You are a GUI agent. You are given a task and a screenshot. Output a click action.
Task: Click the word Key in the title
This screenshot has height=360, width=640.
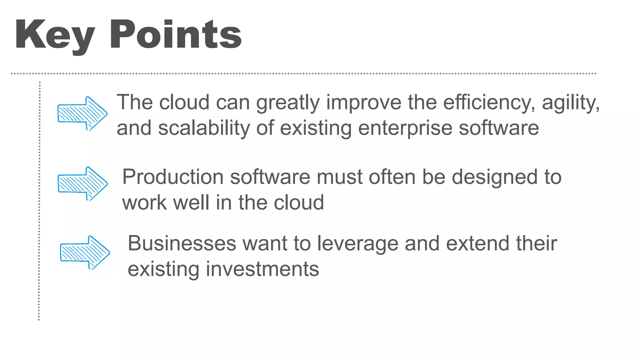(55, 35)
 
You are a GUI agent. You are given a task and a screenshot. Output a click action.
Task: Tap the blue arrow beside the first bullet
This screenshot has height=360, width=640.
(82, 113)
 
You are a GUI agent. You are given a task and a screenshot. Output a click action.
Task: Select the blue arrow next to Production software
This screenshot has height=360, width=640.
(82, 183)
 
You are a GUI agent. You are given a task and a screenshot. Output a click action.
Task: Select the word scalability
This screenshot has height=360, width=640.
(204, 128)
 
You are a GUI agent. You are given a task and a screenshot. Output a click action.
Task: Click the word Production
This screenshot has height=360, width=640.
(173, 177)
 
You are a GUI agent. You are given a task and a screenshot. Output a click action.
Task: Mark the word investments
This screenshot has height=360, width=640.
(262, 269)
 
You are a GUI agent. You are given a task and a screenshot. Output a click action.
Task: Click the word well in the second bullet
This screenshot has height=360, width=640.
(191, 202)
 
